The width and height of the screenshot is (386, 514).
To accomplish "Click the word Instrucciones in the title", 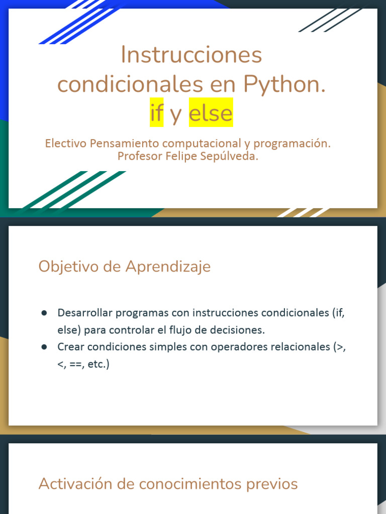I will click(191, 55).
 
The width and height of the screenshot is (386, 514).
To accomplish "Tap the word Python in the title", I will click(283, 84).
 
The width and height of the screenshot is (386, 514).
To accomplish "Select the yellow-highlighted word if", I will click(156, 113).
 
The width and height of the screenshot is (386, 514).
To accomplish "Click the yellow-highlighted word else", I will click(211, 113).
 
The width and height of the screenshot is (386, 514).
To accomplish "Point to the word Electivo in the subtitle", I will click(66, 144).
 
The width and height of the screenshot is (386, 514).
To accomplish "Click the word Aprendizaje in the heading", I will click(168, 267).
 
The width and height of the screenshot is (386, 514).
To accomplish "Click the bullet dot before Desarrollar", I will click(44, 313).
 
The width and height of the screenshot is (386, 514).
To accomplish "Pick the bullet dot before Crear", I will click(44, 347).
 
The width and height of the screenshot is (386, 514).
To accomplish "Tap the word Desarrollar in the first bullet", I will click(85, 313).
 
